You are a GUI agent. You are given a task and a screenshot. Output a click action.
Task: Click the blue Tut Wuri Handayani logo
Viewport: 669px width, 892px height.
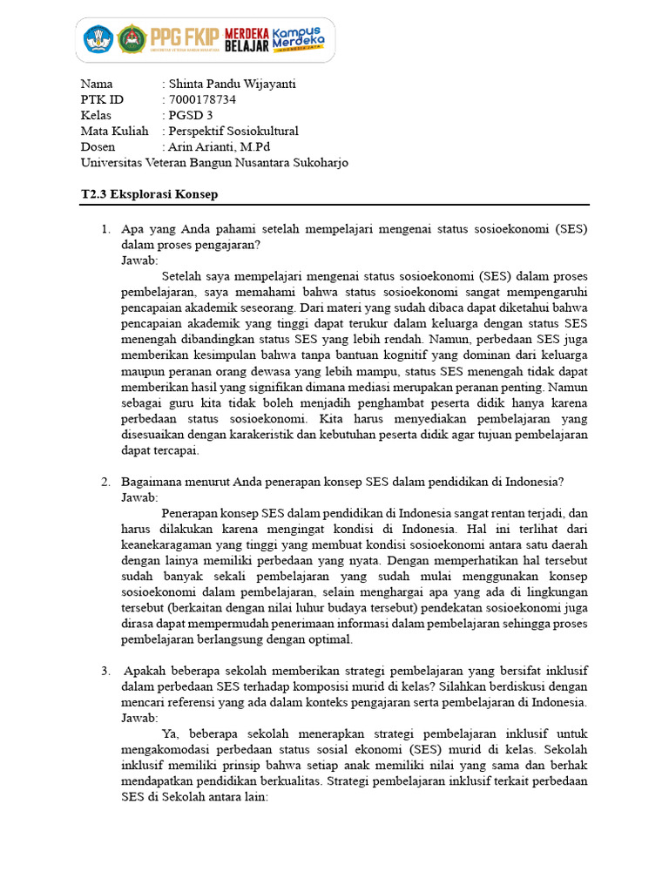click(98, 38)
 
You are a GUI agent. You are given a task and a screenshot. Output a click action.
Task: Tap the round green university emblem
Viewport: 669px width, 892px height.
click(132, 38)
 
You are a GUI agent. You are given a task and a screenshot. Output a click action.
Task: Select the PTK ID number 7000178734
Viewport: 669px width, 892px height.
click(202, 99)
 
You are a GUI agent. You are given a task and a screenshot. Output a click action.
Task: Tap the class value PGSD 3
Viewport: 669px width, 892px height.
click(191, 115)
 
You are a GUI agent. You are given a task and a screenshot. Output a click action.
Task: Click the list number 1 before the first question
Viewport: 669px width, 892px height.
click(105, 229)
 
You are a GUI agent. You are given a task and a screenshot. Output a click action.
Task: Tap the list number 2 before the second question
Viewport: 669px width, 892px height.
click(105, 481)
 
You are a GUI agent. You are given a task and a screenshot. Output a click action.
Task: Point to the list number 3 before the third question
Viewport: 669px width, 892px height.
click(105, 670)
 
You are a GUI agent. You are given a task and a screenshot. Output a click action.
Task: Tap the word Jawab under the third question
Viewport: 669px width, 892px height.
click(139, 717)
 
